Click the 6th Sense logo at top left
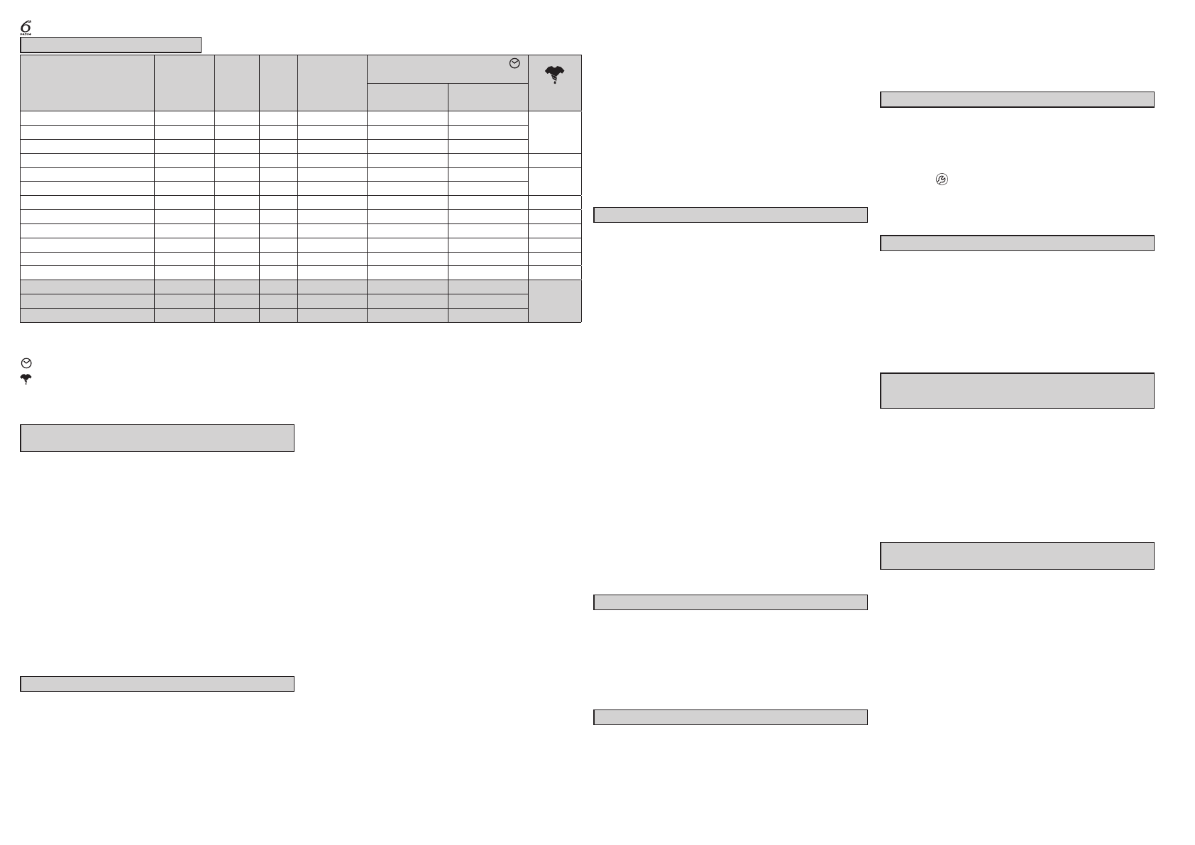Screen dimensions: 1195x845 click(26, 27)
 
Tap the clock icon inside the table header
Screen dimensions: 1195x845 click(514, 64)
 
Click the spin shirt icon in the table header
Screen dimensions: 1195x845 click(554, 74)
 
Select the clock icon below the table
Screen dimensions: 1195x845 click(26, 363)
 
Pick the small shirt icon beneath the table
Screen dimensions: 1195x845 click(26, 380)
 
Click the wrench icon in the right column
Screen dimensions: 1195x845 click(942, 180)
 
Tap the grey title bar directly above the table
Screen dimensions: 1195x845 click(111, 45)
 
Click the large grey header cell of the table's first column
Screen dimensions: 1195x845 click(87, 83)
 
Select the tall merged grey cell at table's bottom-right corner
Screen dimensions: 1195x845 click(555, 301)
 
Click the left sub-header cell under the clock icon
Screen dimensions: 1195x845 click(407, 97)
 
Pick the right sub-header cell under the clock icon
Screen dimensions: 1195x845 click(488, 97)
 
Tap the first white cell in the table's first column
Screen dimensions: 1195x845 click(87, 118)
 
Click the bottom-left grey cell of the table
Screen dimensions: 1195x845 click(87, 316)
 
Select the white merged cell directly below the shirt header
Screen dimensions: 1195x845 click(555, 132)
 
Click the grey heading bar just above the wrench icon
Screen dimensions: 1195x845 click(1017, 99)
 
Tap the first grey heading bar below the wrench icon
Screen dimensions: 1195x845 click(1017, 243)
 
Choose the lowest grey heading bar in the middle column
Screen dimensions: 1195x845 click(730, 717)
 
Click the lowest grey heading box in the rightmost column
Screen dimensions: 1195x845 click(1017, 556)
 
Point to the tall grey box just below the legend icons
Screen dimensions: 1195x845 click(157, 438)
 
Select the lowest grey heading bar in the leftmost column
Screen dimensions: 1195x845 click(157, 684)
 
